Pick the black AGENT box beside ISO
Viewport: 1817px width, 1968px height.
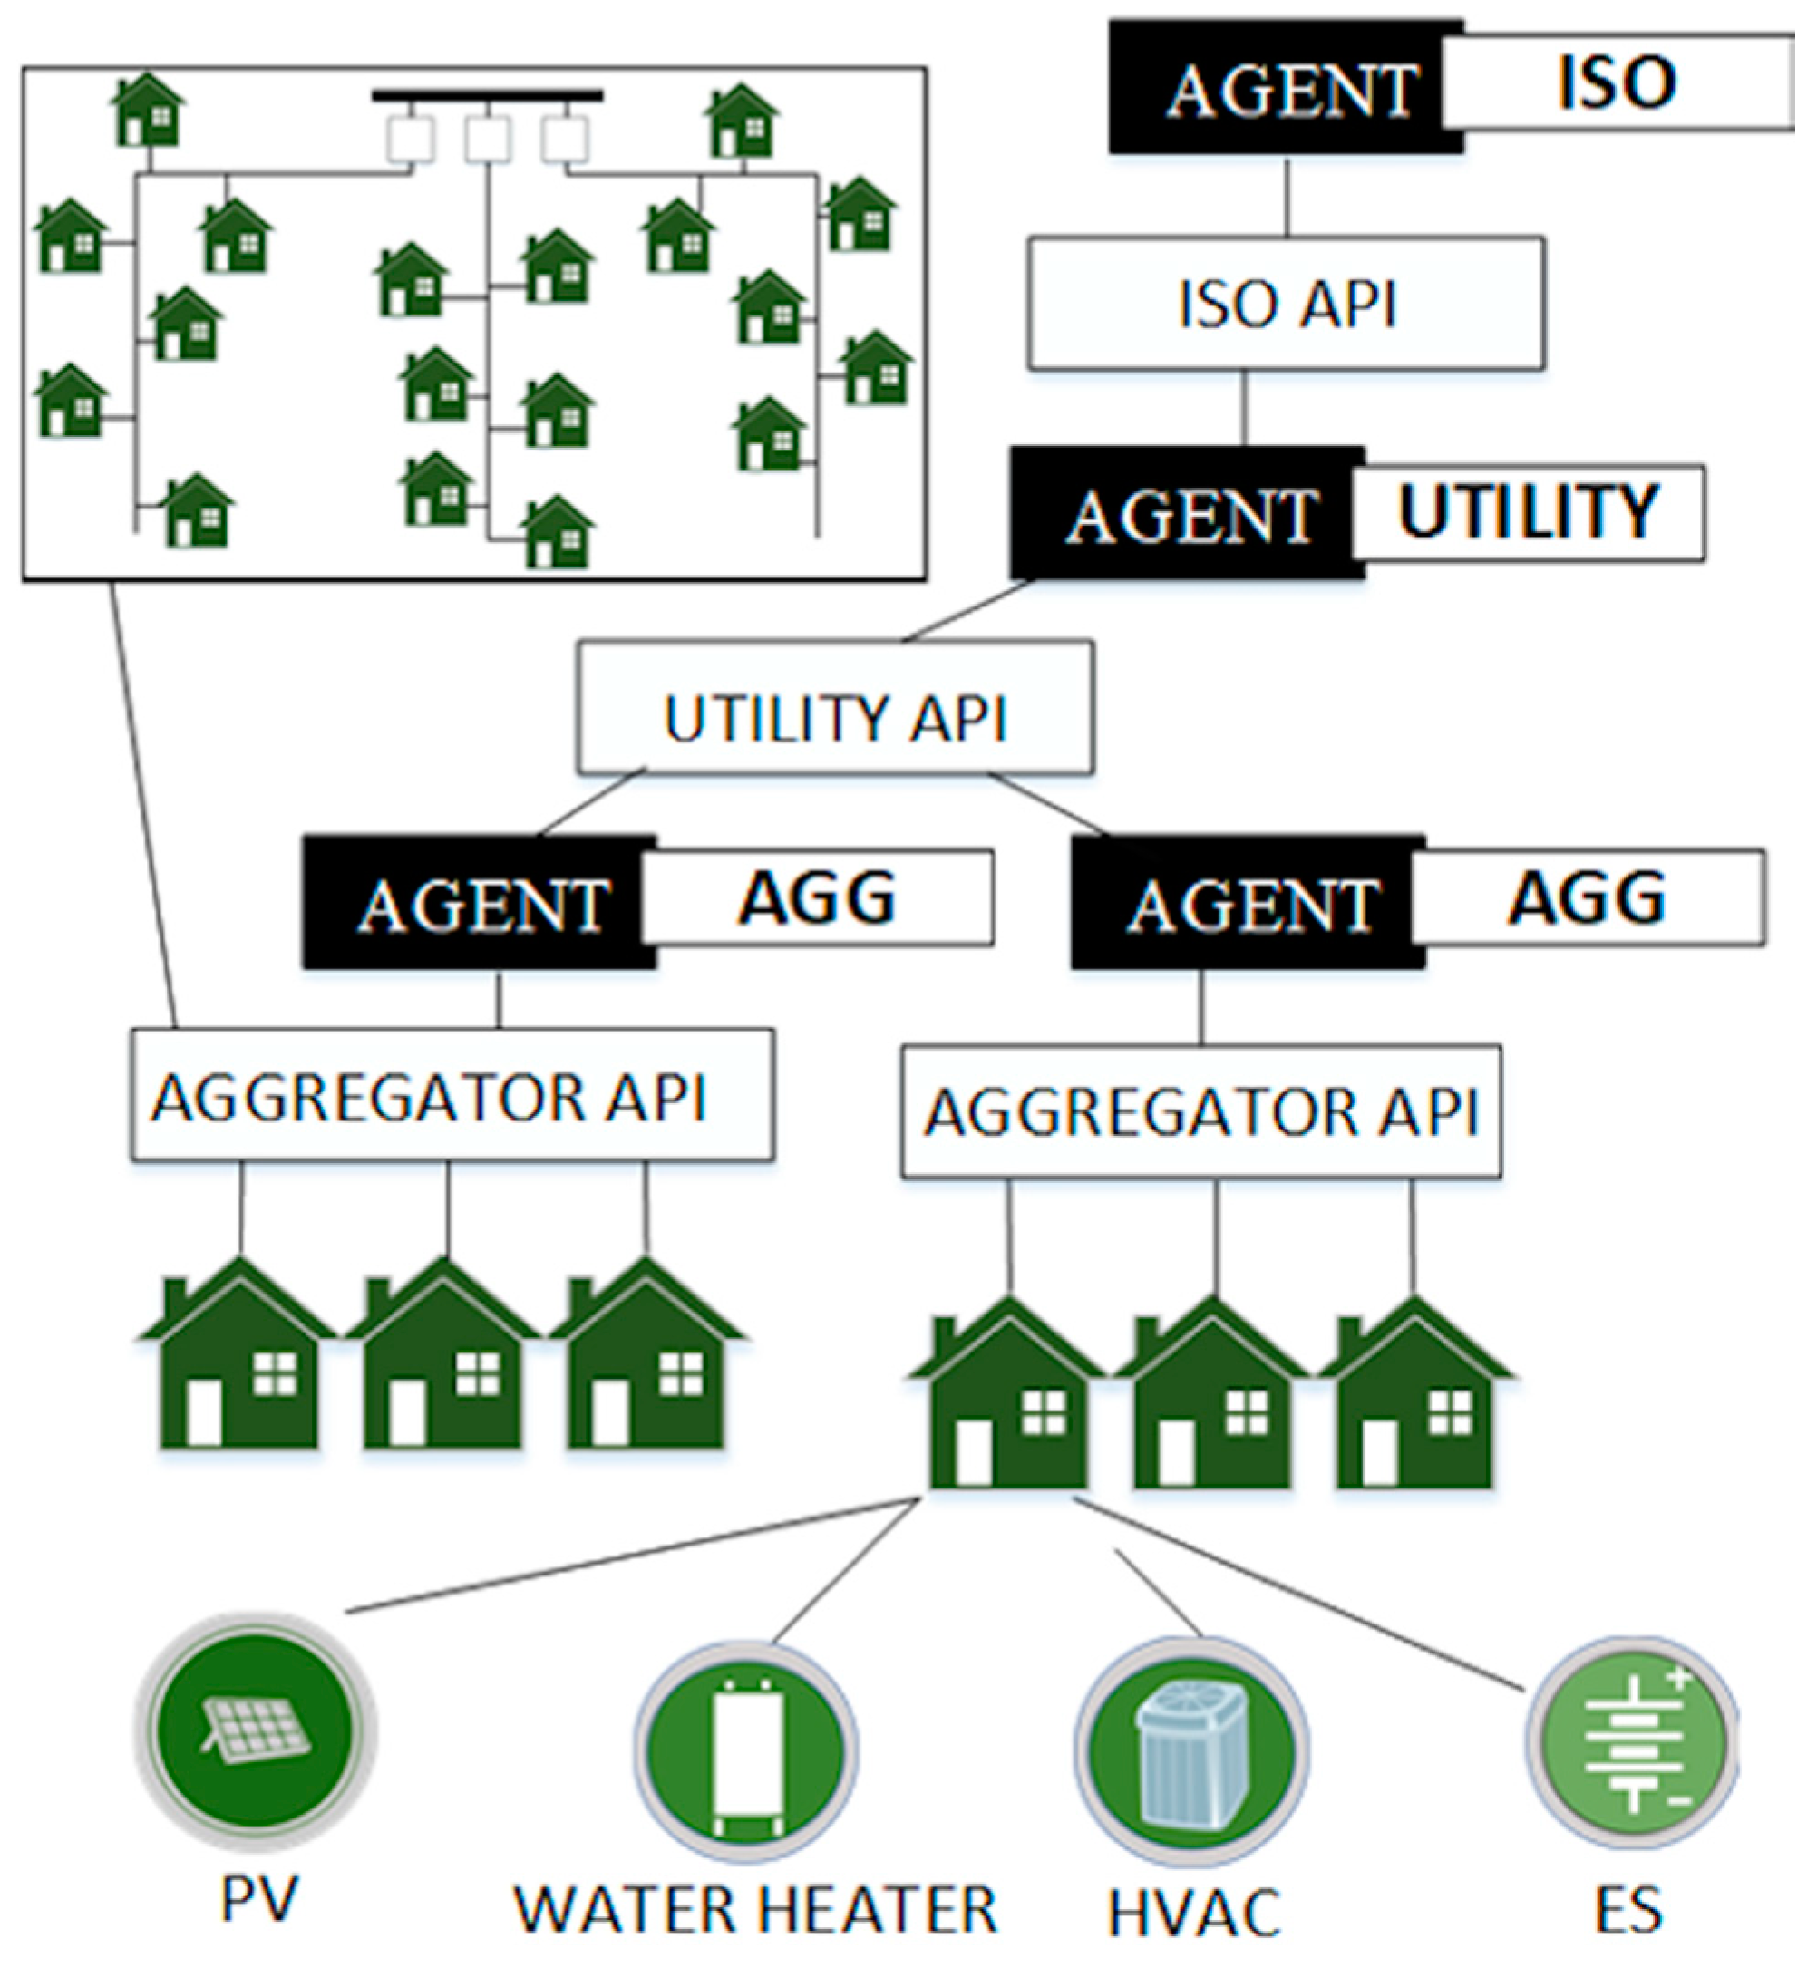pyautogui.click(x=1288, y=90)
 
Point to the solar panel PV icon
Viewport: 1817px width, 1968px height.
pyautogui.click(x=257, y=1736)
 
